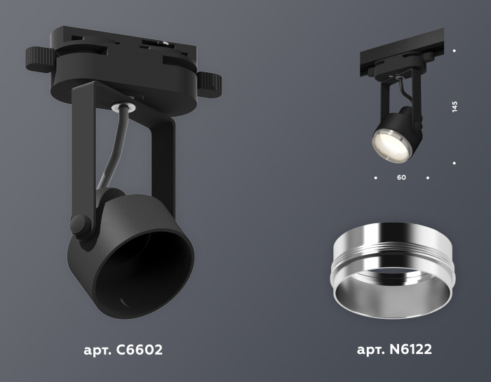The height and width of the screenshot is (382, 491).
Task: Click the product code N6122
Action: click(x=415, y=349)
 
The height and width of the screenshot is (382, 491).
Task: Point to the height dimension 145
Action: click(x=455, y=107)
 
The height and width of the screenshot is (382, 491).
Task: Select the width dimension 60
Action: click(x=401, y=178)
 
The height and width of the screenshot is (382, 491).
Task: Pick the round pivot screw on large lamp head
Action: click(x=80, y=226)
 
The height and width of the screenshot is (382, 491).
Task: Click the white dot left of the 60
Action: click(x=375, y=178)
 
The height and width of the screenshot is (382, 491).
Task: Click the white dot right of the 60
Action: click(x=428, y=178)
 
